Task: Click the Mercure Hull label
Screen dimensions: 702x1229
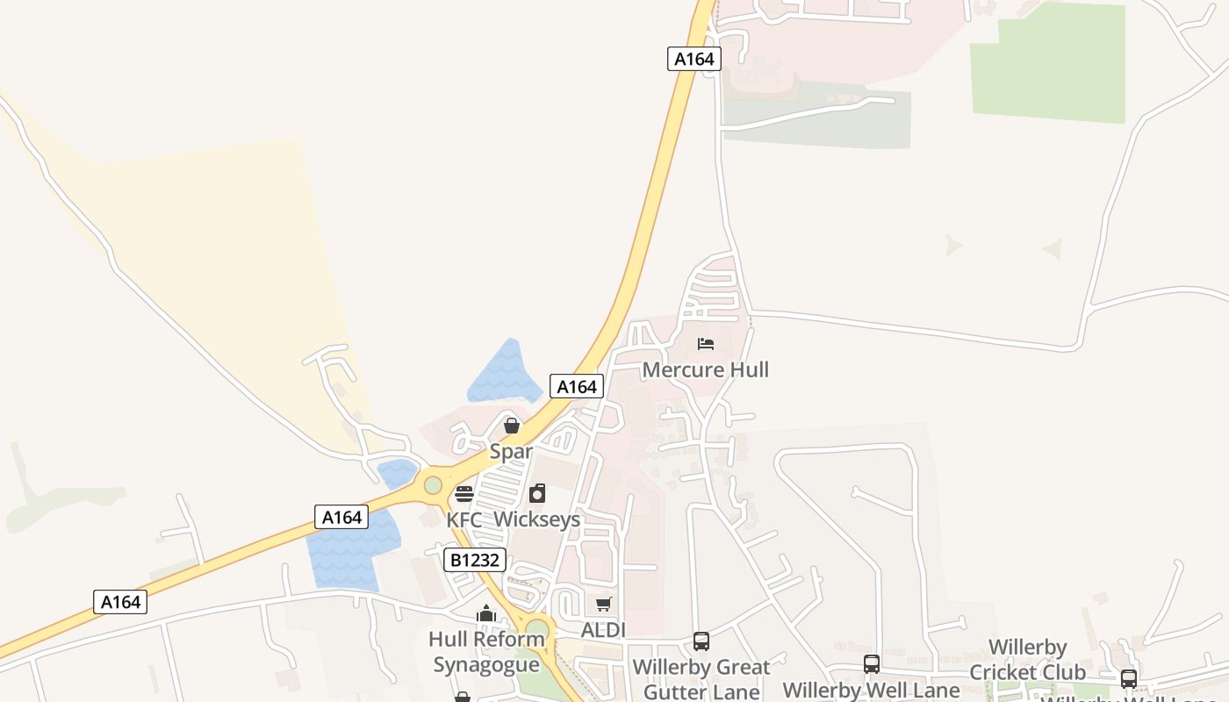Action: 705,369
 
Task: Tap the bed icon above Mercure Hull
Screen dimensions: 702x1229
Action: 706,344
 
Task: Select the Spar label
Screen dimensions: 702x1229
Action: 511,452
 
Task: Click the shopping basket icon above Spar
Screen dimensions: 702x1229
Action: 511,426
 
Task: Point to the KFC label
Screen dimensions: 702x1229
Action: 464,519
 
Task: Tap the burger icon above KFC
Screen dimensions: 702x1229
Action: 464,494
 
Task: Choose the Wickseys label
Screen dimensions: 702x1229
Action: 536,519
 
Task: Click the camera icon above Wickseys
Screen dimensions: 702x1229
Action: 536,494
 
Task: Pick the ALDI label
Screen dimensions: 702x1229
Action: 603,630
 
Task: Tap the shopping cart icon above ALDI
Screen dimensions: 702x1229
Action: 603,605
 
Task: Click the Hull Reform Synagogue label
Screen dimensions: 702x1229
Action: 486,652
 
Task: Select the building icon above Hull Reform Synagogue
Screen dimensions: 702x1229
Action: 486,614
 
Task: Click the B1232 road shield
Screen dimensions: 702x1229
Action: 475,560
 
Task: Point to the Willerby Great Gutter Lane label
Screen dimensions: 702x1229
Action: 701,679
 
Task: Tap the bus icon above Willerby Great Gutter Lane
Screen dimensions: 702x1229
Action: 701,641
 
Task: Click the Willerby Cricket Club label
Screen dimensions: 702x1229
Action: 1027,660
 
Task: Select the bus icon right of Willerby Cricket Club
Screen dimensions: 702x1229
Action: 1128,678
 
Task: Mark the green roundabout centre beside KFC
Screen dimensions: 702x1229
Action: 433,484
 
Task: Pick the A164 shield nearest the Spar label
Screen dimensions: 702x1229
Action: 577,386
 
